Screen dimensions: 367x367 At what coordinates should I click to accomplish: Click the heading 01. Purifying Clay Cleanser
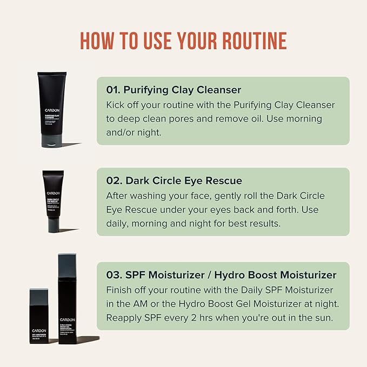coord(174,89)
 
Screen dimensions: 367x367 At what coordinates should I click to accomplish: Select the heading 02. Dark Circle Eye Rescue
coord(174,181)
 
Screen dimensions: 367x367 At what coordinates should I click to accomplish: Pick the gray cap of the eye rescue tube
coord(53,224)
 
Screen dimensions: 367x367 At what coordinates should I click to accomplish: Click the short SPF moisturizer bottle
coord(39,316)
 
